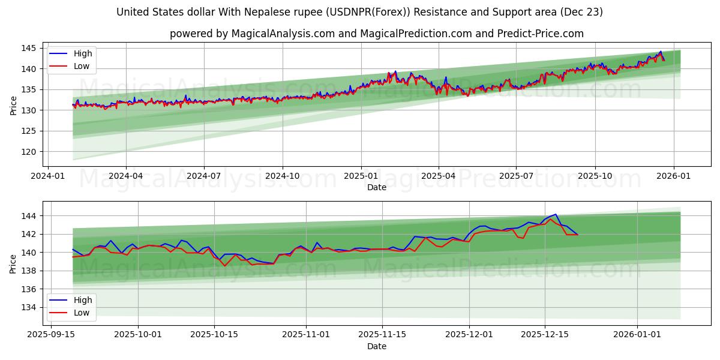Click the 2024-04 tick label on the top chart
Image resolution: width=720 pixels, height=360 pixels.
[x=125, y=176]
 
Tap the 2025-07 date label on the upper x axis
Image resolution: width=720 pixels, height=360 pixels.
[x=516, y=176]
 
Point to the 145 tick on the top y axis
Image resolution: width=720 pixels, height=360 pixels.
[x=29, y=48]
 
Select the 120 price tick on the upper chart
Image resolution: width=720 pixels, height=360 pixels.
[x=29, y=152]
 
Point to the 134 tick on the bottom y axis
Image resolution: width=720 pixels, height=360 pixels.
[x=29, y=307]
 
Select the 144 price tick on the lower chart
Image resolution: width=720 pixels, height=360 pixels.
[x=29, y=216]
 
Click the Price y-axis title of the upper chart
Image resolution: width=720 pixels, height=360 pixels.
[x=13, y=106]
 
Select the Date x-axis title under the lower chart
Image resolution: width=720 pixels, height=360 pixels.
[x=376, y=346]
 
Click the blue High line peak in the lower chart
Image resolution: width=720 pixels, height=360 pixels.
[x=556, y=214]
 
